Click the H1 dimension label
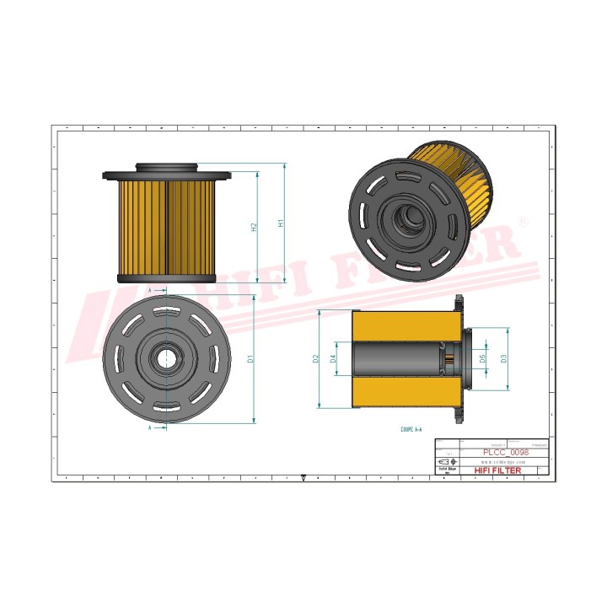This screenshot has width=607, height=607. coord(281,225)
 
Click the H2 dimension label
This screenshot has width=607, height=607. coord(253,228)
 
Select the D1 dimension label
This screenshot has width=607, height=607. coord(250,360)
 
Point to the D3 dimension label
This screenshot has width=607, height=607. coord(504,359)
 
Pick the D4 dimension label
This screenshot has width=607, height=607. coord(334,359)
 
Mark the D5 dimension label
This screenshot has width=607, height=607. coord(483,359)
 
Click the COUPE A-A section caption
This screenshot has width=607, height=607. coord(412,429)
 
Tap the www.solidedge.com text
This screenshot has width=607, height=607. coord(503,462)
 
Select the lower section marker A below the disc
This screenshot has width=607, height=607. coord(150,428)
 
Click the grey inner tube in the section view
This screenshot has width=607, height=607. coord(396,360)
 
